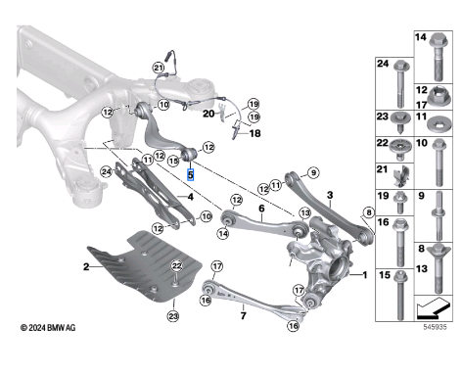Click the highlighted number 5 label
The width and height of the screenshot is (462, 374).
pos(190,174)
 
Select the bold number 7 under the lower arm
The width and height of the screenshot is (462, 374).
pos(243,316)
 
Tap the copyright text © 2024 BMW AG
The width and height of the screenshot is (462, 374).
pos(48,327)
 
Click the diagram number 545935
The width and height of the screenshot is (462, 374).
pos(436,327)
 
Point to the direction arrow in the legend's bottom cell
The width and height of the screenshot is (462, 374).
pos(434,308)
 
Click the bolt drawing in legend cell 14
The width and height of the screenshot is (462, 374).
pos(439,57)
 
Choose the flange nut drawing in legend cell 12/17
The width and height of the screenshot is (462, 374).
pos(439,96)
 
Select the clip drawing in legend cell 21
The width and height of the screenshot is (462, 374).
pos(401,176)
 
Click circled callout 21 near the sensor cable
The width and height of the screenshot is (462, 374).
pos(159,69)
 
